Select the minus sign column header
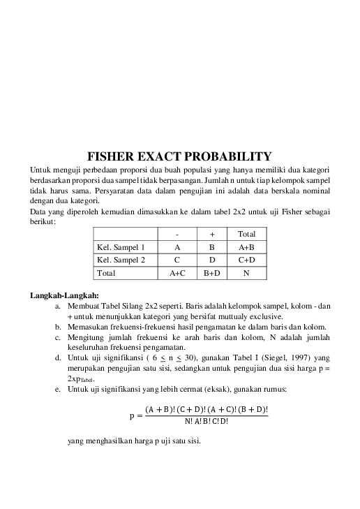click(177, 234)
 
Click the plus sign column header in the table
click(211, 234)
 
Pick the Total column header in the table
click(246, 234)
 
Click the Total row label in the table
click(107, 274)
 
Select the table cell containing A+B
click(246, 247)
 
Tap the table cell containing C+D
click(246, 260)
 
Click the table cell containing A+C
click(177, 274)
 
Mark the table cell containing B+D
click(211, 274)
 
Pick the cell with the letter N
click(246, 274)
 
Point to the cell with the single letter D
click(211, 260)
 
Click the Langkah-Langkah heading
click(64, 294)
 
